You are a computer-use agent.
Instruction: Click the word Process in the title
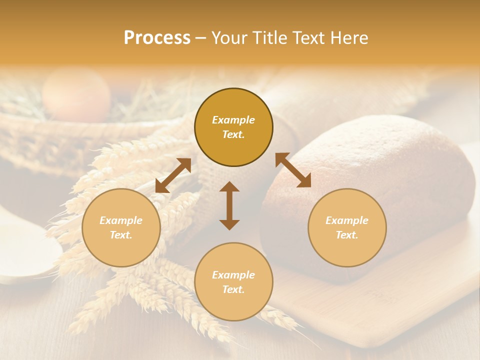pyautogui.click(x=157, y=38)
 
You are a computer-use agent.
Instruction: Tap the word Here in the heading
pyautogui.click(x=349, y=38)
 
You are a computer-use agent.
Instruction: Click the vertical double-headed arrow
pyautogui.click(x=229, y=205)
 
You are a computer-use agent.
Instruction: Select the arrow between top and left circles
pyautogui.click(x=173, y=175)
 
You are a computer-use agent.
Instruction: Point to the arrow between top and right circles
pyautogui.click(x=293, y=170)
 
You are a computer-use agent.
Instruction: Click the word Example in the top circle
pyautogui.click(x=233, y=120)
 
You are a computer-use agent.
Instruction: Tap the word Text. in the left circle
pyautogui.click(x=121, y=235)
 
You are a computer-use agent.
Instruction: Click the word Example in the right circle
pyautogui.click(x=347, y=220)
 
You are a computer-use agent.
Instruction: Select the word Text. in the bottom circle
pyautogui.click(x=233, y=289)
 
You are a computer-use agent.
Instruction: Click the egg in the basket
pyautogui.click(x=76, y=93)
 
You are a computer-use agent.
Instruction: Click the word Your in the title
pyautogui.click(x=227, y=38)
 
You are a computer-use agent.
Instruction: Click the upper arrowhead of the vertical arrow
pyautogui.click(x=229, y=187)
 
